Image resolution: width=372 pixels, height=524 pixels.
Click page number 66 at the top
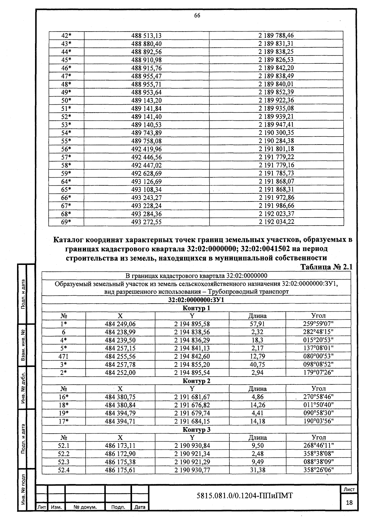[x=197, y=16]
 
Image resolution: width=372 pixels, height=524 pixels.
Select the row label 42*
[x=66, y=36]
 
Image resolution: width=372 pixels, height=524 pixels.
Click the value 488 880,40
[x=146, y=44]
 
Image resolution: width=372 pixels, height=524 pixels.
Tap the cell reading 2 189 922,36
[x=276, y=100]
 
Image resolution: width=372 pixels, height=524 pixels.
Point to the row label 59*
[x=66, y=173]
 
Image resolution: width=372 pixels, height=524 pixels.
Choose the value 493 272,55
[x=146, y=222]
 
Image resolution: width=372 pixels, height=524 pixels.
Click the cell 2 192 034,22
[x=276, y=222]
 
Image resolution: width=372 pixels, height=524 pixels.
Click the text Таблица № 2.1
[x=327, y=267]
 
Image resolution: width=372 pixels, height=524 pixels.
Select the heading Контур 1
[x=196, y=308]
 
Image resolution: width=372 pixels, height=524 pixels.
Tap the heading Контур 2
[x=196, y=381]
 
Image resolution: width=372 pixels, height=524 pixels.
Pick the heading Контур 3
[x=196, y=430]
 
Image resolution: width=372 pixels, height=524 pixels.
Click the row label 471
[x=64, y=356]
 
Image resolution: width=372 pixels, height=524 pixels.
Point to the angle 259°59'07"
[x=318, y=324]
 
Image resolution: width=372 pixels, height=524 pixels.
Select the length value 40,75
[x=257, y=365]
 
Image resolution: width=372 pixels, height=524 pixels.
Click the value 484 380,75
[x=120, y=397]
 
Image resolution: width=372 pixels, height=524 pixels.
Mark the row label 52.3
[x=64, y=462]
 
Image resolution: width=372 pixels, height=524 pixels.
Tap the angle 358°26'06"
[x=318, y=470]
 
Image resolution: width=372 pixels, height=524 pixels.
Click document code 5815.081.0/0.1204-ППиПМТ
[x=245, y=496]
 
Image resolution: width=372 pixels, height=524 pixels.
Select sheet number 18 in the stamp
[x=349, y=503]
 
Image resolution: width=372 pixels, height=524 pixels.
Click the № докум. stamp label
[x=85, y=507]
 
